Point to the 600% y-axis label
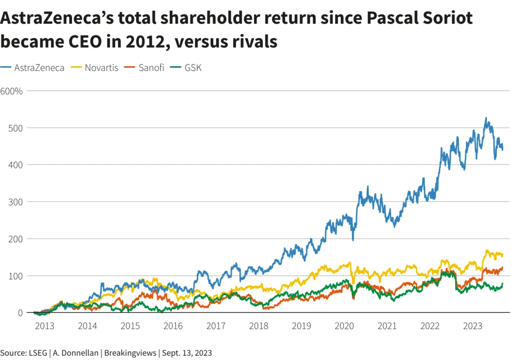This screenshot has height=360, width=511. [x=11, y=91]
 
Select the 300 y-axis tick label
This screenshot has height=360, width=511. [x=16, y=202]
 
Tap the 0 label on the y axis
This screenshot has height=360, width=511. [x=20, y=313]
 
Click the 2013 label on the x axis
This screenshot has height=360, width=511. [x=44, y=326]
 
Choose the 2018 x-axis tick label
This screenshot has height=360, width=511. [x=259, y=326]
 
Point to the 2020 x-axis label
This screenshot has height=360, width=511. [x=344, y=326]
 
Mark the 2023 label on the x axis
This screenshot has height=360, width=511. [x=473, y=326]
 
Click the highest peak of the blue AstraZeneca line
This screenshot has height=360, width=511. [x=486, y=118]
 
